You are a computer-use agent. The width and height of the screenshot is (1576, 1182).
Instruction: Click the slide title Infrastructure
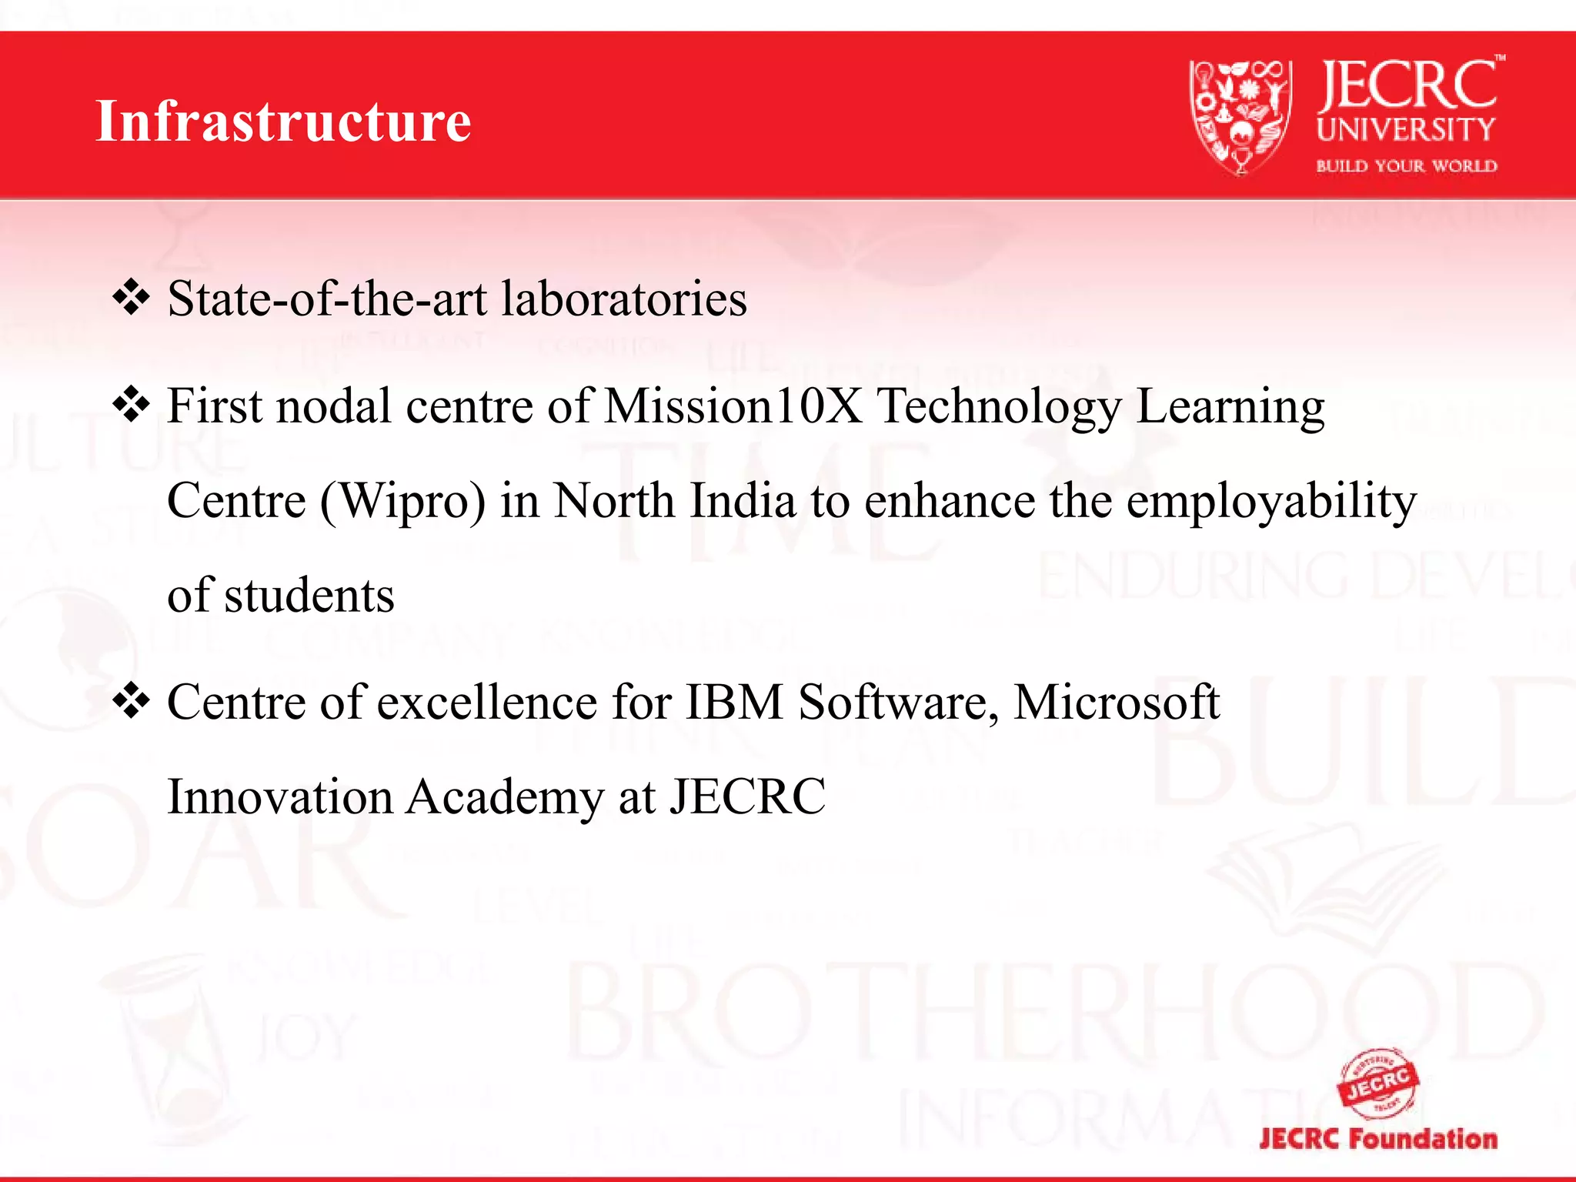[283, 122]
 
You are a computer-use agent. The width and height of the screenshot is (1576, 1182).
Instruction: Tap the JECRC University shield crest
[1240, 117]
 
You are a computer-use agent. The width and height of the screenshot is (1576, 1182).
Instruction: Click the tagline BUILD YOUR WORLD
[1406, 166]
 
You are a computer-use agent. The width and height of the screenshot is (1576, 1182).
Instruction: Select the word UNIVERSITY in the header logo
[1406, 130]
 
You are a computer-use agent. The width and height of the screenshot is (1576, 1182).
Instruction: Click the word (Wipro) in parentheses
[402, 502]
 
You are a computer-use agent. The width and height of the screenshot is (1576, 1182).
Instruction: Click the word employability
[1271, 502]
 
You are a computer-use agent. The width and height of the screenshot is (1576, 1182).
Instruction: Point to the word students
[309, 596]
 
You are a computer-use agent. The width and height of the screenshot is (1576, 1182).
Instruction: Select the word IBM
[733, 702]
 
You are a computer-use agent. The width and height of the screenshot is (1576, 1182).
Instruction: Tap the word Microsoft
[1117, 702]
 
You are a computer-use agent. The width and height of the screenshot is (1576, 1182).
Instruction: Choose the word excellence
[487, 702]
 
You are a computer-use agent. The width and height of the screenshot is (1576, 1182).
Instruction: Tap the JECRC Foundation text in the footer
[1378, 1139]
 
